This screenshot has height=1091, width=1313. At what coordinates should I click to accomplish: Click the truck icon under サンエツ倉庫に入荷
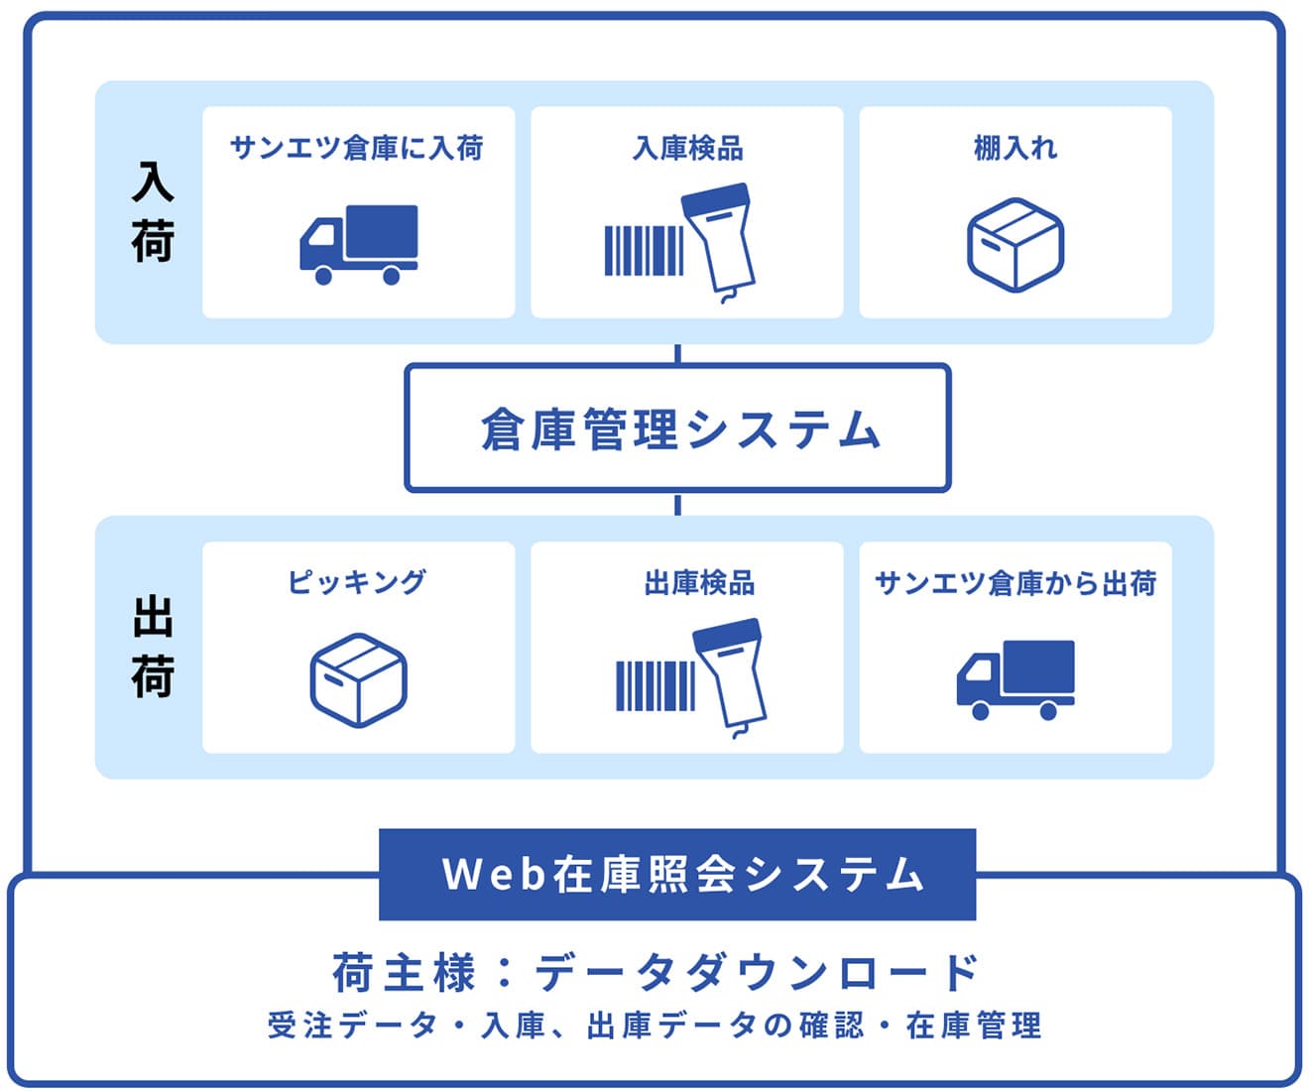pos(358,244)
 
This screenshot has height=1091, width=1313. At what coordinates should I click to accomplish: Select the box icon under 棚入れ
pos(1015,244)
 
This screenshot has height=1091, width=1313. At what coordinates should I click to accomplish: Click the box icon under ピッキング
pos(358,679)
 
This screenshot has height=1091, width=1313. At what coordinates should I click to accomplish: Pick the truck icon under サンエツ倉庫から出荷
pos(1015,679)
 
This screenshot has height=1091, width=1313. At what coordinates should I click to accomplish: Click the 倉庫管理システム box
pos(677,428)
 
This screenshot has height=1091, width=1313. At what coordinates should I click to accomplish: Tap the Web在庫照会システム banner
pos(677,874)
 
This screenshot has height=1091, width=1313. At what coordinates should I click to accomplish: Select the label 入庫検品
pos(687,149)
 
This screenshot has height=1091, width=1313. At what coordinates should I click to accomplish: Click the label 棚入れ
pos(1015,149)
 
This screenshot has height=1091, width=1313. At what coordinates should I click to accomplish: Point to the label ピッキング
pos(357,582)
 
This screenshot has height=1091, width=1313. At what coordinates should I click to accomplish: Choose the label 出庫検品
pos(699,582)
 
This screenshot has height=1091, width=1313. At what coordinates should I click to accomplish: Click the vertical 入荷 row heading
pos(153,212)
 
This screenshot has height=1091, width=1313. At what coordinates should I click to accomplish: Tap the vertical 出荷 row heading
pos(153,647)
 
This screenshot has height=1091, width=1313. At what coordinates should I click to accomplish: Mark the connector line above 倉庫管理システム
pos(677,354)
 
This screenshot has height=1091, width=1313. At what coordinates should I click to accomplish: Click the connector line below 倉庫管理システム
pos(677,504)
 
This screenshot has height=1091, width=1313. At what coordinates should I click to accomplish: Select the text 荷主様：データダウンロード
pos(656,973)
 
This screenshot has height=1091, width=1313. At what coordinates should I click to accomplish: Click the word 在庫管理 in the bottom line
pos(973,1026)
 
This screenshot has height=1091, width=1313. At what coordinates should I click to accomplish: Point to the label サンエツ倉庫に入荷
pos(357,149)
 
